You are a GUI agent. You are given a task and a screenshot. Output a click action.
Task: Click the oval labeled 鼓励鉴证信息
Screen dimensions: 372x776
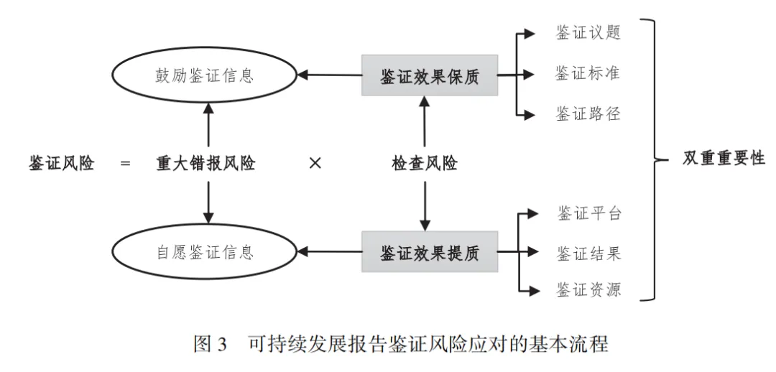[x=205, y=75]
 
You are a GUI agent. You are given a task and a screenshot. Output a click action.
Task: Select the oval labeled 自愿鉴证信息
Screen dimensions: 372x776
[x=205, y=252]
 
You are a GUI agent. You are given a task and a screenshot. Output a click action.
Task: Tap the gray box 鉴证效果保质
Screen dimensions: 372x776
[x=430, y=75]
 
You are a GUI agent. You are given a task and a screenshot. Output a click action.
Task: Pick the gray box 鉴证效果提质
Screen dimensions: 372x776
[x=430, y=252]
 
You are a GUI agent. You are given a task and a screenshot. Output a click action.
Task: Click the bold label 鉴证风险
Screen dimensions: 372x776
[x=61, y=163]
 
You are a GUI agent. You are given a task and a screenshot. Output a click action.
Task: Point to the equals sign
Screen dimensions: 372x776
[x=126, y=164]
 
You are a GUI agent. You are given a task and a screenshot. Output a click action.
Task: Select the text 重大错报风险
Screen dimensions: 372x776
[x=206, y=163]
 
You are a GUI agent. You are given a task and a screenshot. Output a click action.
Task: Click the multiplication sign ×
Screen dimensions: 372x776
[x=314, y=163]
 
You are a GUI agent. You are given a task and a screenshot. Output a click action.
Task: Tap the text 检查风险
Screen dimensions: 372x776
[x=425, y=163]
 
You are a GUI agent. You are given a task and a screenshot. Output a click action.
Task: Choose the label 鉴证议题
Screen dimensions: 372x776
[x=588, y=33]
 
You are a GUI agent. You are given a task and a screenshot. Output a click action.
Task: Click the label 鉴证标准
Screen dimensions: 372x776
[x=588, y=73]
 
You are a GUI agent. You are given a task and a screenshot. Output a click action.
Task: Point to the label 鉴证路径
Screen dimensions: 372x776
[x=588, y=113]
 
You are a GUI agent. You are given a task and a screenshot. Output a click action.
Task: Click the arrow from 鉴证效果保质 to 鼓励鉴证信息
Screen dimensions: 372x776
[x=331, y=74]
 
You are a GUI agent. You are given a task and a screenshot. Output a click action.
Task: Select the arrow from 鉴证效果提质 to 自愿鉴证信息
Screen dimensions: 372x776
[x=331, y=251]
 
